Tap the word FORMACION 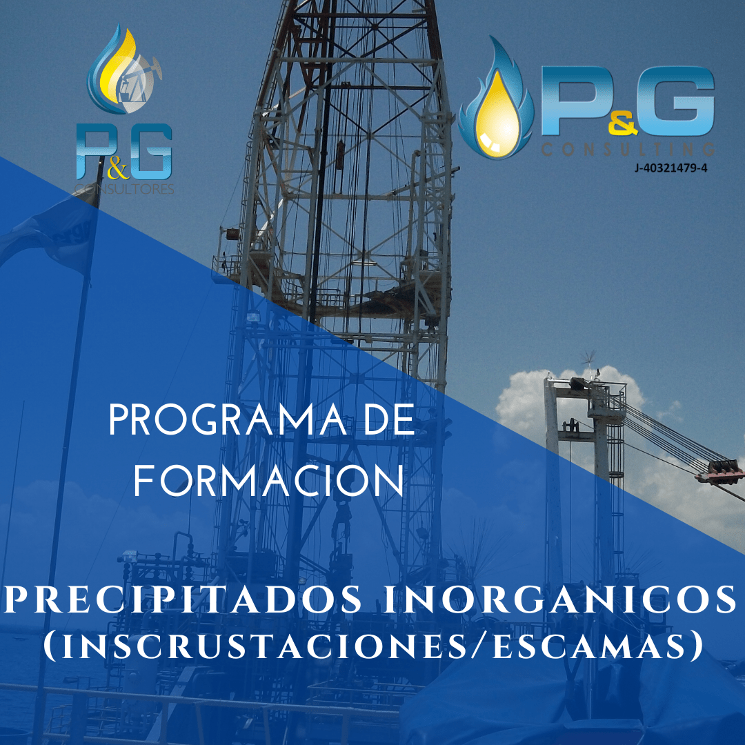point(269,481)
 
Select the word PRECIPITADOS point(183,599)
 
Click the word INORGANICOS point(560,599)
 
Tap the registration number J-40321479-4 point(671,168)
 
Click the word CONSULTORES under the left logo point(124,189)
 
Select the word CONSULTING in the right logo point(628,150)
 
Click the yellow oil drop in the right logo point(497,115)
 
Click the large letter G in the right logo point(683,101)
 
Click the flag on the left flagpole point(48,235)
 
